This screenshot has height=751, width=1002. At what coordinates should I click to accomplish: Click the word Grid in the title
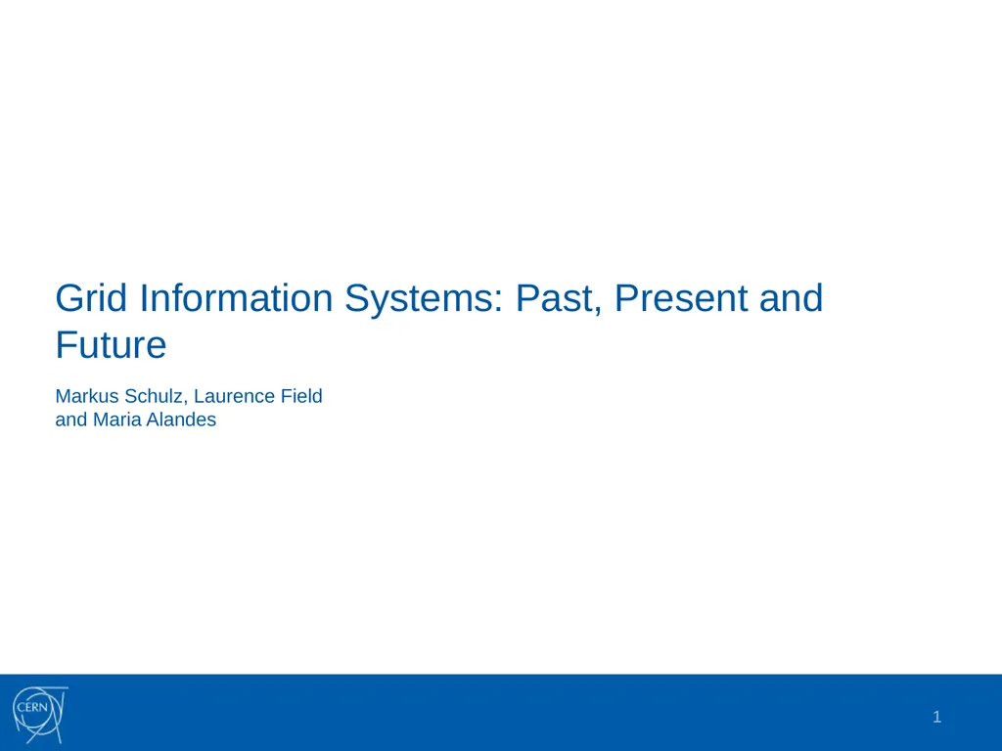pos(93,298)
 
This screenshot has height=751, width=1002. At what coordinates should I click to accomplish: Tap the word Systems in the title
pos(421,298)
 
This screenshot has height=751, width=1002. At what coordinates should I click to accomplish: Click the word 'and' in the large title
pos(791,298)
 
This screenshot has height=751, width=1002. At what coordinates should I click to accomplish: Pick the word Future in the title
pos(111,345)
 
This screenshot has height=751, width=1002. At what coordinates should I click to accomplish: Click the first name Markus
pos(87,397)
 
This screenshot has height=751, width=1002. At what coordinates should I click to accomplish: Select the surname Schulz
pos(155,397)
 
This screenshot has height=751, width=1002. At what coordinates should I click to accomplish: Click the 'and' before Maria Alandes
pos(71,420)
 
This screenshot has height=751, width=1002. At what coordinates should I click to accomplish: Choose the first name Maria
pos(115,420)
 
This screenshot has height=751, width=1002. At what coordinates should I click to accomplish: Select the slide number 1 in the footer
pos(936,718)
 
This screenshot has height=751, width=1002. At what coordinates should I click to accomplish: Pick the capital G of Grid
pos(69,298)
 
